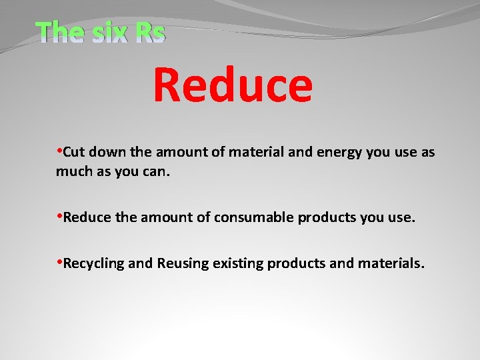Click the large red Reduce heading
pos(232,85)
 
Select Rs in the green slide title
pos(149,32)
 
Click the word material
pos(255,152)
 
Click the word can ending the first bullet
pos(157,171)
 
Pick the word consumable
pos(254,217)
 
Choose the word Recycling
pos(94,263)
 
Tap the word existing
pos(238,263)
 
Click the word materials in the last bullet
pos(391,263)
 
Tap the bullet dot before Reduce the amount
pos(59,216)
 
